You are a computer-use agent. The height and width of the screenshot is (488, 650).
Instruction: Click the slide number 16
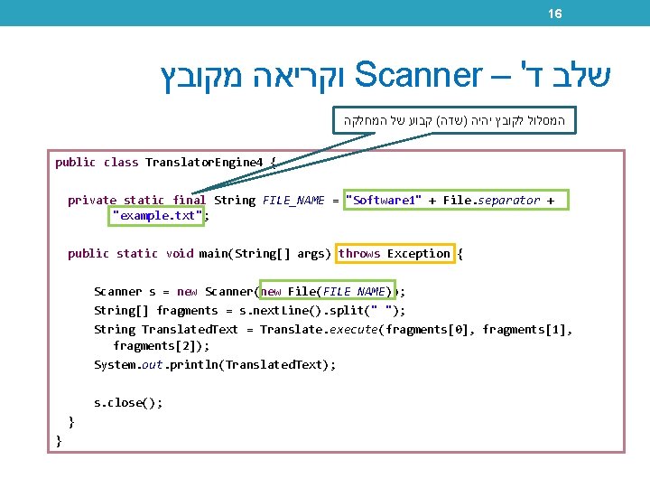(x=555, y=14)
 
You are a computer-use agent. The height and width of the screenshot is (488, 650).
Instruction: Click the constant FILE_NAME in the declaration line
(x=292, y=201)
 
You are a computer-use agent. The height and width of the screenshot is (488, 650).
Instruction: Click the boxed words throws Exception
(x=395, y=254)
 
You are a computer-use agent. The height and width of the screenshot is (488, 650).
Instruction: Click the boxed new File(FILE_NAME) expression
(x=328, y=292)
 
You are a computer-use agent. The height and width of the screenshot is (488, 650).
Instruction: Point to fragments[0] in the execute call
(x=428, y=330)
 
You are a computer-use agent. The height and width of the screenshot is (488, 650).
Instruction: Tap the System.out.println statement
(x=214, y=365)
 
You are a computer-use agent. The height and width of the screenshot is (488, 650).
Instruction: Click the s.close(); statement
(x=128, y=403)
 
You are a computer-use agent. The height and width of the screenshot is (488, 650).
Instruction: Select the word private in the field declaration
(x=92, y=201)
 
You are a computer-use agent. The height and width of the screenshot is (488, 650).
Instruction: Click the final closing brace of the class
(x=59, y=440)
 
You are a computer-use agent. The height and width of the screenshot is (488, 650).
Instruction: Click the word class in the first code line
(x=120, y=163)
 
